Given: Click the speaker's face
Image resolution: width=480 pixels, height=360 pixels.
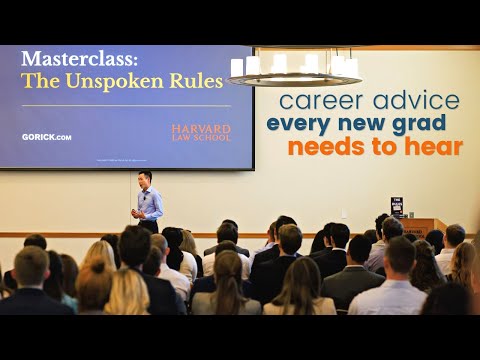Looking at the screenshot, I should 147,180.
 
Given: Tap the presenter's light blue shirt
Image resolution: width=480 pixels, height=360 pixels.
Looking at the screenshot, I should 150,203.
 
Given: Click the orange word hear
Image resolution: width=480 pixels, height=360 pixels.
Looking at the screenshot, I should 433,148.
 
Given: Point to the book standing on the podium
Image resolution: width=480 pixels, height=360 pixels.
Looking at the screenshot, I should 397,207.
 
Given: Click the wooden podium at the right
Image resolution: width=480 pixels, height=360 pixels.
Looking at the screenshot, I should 419,227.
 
